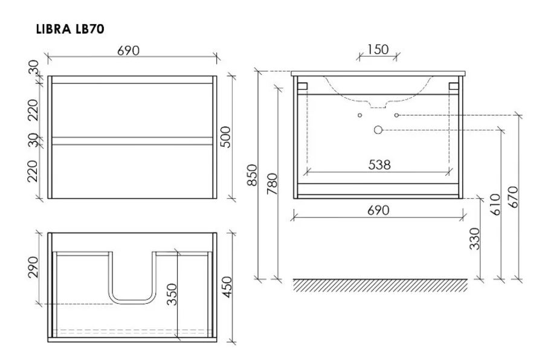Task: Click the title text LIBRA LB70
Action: pos(70,29)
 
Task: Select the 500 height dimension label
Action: pos(226,137)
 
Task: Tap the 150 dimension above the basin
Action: pos(378,50)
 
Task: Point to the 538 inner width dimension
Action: pos(379,165)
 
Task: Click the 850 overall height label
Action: pos(252,175)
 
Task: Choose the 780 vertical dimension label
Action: pos(272,184)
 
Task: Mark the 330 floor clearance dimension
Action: pos(475,239)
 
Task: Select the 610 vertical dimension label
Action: pos(495,205)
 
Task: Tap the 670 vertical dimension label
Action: pos(514,197)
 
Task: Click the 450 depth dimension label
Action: pos(227,287)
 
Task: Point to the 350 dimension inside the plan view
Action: pos(172,294)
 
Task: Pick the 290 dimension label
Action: pos(33,268)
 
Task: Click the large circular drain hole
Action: pos(378,130)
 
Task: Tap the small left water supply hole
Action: pos(359,115)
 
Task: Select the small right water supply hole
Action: pos(396,115)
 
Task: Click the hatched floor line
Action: pos(380,285)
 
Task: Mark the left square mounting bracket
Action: pos(302,86)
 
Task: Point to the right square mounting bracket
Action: pos(454,86)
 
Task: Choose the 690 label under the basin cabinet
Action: pos(378,210)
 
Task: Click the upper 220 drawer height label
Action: pos(33,110)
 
